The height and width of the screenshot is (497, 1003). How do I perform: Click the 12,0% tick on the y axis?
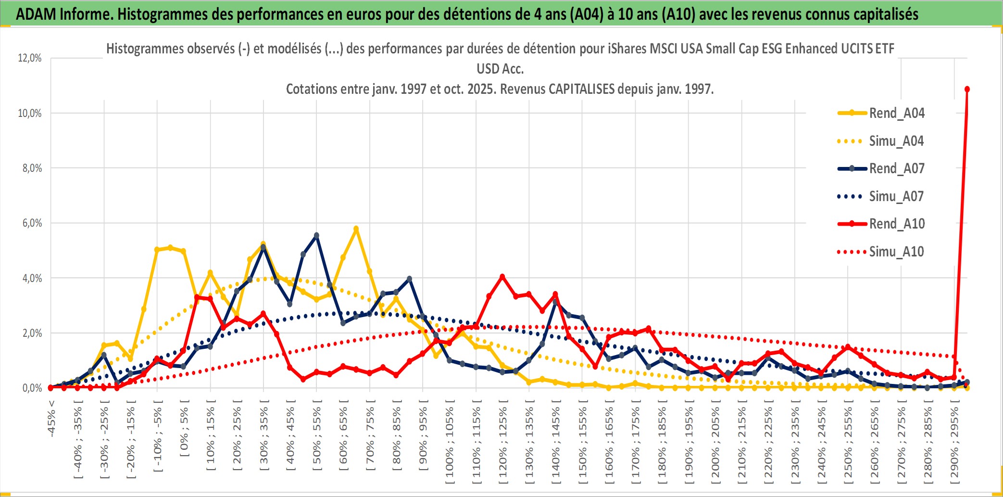(x=30, y=58)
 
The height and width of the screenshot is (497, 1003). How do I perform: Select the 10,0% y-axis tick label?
(x=30, y=114)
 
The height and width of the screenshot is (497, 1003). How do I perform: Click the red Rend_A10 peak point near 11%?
(x=967, y=89)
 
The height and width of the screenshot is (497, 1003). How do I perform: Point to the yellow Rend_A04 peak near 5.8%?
(x=356, y=229)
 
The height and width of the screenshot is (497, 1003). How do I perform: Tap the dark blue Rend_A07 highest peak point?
(x=316, y=235)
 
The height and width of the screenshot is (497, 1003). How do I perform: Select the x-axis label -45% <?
(x=51, y=419)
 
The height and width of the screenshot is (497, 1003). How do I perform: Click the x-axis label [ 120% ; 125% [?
(x=503, y=445)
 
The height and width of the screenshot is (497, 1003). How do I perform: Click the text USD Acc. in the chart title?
(x=500, y=69)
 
